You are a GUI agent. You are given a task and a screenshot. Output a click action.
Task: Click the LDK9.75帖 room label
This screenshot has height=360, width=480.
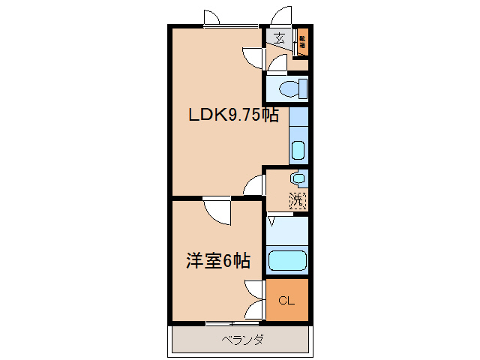click(233, 115)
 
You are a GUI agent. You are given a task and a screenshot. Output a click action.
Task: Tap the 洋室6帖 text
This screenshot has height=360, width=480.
click(218, 261)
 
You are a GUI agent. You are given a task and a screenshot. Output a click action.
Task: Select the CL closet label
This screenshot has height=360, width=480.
click(286, 301)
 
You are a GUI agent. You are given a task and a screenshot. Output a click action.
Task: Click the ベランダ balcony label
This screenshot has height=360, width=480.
click(242, 340)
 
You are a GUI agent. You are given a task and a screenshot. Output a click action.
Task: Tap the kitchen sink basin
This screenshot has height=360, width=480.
click(298, 149)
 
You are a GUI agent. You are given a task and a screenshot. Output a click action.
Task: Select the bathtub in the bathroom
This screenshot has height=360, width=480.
click(288, 260)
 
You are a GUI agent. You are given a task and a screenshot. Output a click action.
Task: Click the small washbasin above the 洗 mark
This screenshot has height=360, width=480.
click(298, 178)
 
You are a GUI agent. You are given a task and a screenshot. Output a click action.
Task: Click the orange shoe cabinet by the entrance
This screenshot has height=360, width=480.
click(302, 42)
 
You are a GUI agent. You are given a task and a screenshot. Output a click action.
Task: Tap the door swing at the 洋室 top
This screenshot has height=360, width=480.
click(218, 211)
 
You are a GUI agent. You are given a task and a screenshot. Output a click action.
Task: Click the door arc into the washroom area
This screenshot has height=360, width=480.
click(255, 184)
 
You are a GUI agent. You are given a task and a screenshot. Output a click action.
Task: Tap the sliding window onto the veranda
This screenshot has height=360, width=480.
click(232, 323)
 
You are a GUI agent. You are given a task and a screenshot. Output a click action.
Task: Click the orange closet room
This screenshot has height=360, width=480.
click(287, 299)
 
